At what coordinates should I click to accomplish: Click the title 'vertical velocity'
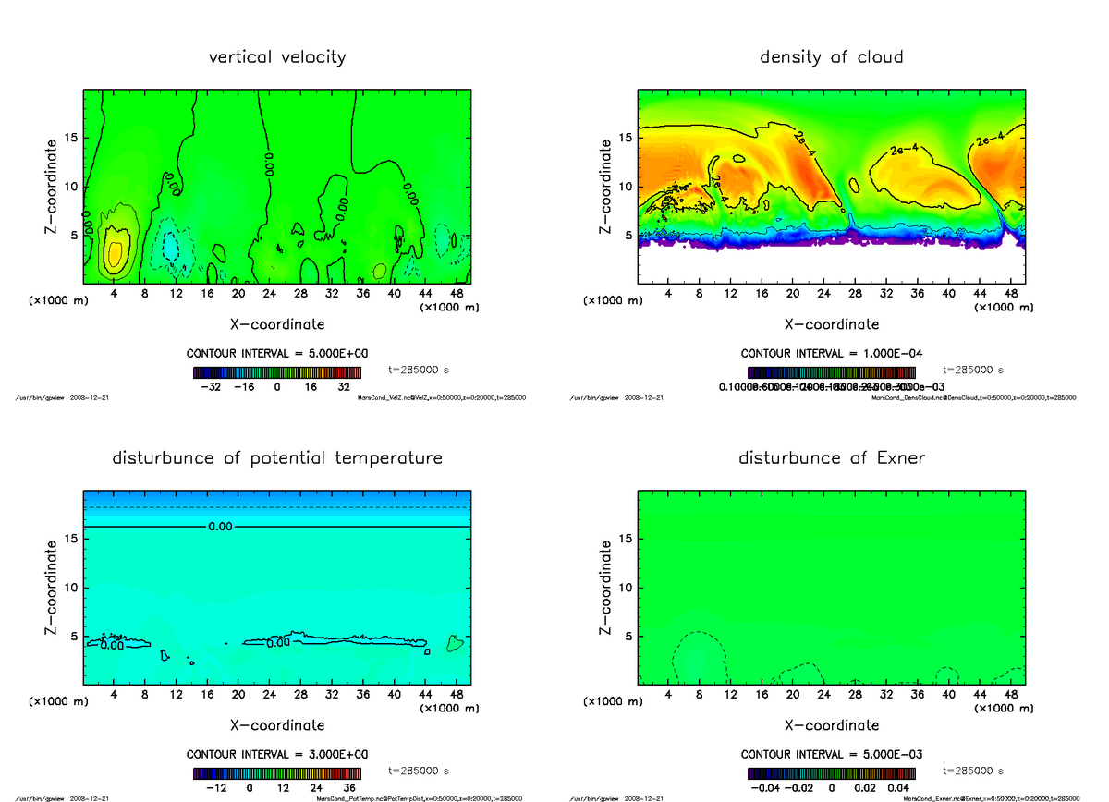point(277,57)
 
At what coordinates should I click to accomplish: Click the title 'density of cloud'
point(831,57)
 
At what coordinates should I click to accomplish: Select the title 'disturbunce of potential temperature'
point(277,458)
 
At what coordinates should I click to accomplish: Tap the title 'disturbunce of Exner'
point(831,458)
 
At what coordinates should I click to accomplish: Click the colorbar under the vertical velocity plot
point(277,372)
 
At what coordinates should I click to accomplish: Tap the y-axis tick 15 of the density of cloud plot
point(626,139)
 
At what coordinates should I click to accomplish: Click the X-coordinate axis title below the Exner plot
point(831,725)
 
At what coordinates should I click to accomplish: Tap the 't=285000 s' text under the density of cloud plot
point(973,370)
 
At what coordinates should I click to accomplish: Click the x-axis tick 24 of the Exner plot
point(823,694)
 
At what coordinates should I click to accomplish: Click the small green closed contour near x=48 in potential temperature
point(454,643)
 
